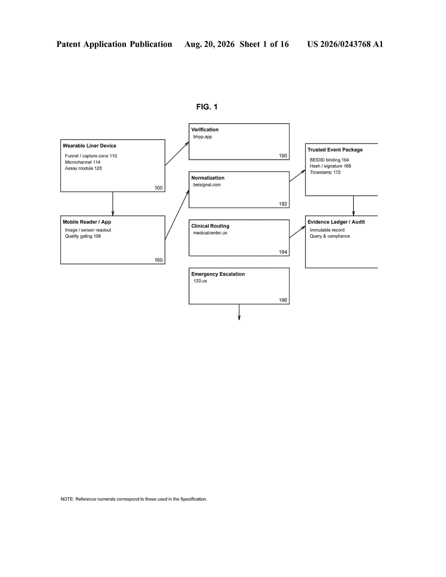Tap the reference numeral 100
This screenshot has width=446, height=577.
(x=158, y=188)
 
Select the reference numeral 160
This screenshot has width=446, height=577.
(x=158, y=260)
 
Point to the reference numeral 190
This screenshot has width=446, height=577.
(x=283, y=156)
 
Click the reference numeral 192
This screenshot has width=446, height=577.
(x=283, y=204)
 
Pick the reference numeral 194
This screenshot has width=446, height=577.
(x=283, y=252)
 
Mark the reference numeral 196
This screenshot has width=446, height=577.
(x=283, y=300)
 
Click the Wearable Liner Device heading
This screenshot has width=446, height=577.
(x=89, y=146)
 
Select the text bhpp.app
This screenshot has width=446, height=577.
(x=203, y=137)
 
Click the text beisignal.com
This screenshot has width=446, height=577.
(x=207, y=185)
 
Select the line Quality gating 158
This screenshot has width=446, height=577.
(x=83, y=236)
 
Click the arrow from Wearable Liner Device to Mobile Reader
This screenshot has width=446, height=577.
(x=113, y=204)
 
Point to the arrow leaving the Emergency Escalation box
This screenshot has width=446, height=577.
(x=239, y=312)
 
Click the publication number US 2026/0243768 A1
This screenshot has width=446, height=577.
(x=345, y=44)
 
